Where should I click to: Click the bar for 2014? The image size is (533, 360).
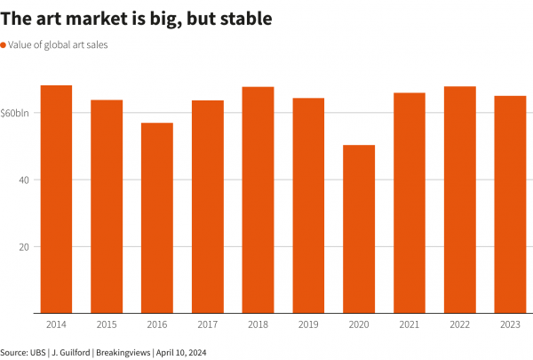coord(56,199)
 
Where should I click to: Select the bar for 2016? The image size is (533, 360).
coord(157,218)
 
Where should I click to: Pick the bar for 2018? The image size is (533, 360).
coord(258,200)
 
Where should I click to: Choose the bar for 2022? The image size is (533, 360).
coord(459,200)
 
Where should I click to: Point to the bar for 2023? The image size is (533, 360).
coord(510,204)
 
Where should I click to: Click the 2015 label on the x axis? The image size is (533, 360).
coord(107,324)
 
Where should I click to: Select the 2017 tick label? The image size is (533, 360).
coord(207,324)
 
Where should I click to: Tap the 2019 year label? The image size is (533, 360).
coord(308,324)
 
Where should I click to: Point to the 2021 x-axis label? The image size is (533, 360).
coord(409,324)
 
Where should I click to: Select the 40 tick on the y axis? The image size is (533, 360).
coord(24,180)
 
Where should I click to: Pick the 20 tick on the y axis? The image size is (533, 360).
coord(24,246)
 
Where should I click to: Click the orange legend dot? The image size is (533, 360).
coord(4,44)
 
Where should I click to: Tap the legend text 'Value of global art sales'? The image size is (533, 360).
coord(58,44)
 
